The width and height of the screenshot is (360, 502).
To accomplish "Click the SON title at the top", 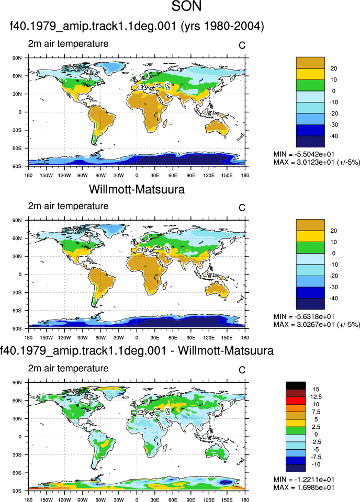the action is click(186, 6).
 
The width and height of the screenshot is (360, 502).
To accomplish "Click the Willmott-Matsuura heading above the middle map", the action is click(137, 189).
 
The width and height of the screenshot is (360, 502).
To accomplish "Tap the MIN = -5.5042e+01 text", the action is click(304, 154).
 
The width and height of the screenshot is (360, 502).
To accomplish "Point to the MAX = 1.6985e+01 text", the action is click(304, 487).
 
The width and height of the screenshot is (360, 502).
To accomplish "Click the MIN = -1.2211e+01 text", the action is click(304, 480).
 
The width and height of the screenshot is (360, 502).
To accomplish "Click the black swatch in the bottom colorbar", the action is click(296, 385).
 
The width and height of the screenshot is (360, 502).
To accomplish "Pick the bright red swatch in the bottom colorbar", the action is click(296, 401).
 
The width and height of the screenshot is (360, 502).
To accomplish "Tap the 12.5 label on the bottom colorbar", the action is click(316, 397).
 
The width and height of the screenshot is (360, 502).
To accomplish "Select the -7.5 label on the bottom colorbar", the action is click(316, 457).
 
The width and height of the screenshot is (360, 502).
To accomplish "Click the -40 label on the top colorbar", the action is click(334, 136).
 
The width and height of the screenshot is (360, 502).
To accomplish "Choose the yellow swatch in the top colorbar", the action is click(310, 74).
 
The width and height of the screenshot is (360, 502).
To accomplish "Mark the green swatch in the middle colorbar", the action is click(310, 247).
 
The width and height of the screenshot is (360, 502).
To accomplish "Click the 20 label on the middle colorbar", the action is click(334, 231).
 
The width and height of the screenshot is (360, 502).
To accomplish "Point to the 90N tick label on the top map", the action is click(17, 58).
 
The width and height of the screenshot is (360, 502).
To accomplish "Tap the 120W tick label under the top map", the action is click(64, 176).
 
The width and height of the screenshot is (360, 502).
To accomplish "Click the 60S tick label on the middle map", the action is click(17, 311).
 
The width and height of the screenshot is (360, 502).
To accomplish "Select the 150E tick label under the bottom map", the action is click(227, 500).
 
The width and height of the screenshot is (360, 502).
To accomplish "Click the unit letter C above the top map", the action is click(242, 46).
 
